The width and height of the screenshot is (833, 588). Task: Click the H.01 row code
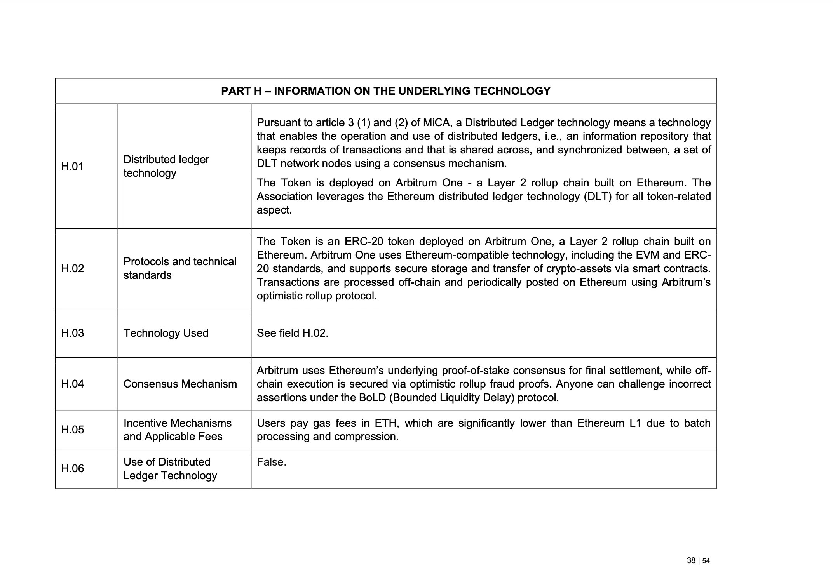[x=72, y=166]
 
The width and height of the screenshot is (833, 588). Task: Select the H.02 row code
[x=72, y=268]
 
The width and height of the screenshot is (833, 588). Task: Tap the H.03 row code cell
[x=72, y=333]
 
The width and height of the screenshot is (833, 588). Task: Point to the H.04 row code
[x=72, y=384]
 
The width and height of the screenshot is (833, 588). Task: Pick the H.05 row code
[x=72, y=430]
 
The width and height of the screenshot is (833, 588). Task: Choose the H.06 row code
[x=72, y=468]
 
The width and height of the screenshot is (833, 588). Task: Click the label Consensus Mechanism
[x=180, y=384]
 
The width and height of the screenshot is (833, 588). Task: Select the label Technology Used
[x=166, y=333]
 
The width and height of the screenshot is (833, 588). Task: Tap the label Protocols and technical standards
[x=180, y=268]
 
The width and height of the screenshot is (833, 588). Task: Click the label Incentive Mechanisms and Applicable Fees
[x=177, y=430]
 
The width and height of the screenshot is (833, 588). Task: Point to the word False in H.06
[x=271, y=462]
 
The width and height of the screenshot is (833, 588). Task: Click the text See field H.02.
[x=292, y=333]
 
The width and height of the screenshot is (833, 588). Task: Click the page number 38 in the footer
[x=691, y=560]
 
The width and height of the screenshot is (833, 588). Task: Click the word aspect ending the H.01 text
[x=274, y=210]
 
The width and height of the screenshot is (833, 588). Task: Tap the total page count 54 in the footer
[x=706, y=561]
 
